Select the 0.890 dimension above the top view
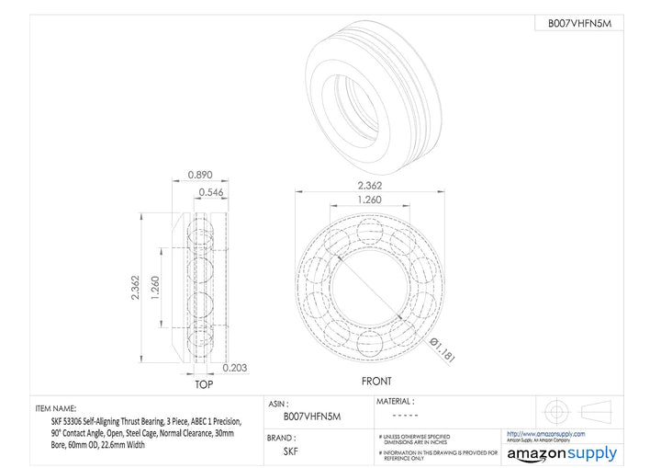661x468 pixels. (200, 175)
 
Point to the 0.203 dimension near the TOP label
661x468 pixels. (236, 368)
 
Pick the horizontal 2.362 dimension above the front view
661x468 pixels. (371, 185)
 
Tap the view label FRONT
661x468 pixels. (376, 382)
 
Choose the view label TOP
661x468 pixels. (203, 383)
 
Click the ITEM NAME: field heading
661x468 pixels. (56, 408)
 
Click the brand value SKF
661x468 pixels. (290, 451)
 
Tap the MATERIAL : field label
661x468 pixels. (396, 401)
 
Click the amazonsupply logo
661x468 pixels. (562, 453)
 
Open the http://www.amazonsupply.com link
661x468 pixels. (546, 432)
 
